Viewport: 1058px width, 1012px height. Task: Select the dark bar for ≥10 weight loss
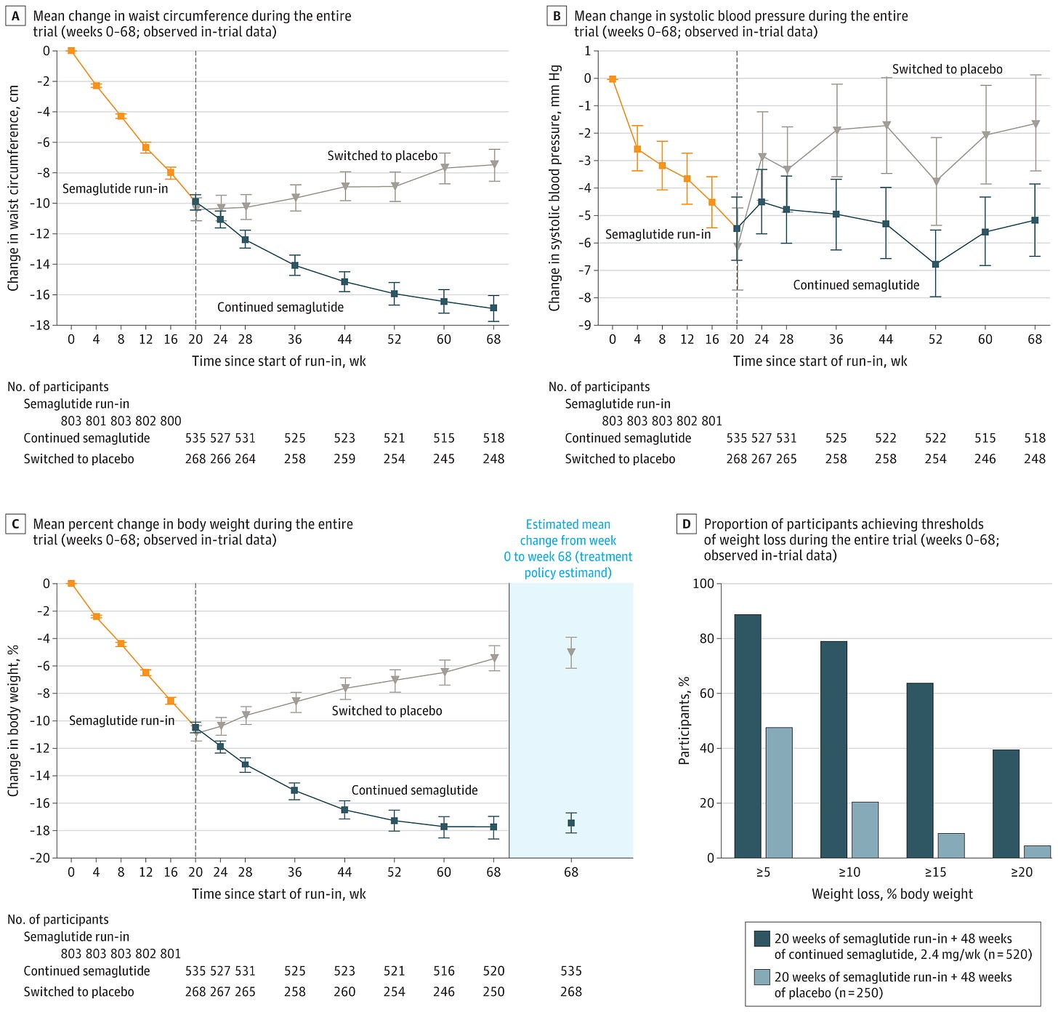tap(833, 749)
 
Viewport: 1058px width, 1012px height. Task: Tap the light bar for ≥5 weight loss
tap(779, 792)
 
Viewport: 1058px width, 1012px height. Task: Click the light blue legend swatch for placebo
tap(762, 977)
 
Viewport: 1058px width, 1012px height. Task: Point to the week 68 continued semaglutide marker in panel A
tap(493, 308)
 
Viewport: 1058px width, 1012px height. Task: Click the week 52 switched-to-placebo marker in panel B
tap(936, 182)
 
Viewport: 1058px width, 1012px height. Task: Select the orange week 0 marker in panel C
tap(71, 583)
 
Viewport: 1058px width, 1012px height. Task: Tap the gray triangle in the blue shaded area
tap(571, 652)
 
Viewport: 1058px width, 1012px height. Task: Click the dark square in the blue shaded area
tap(571, 823)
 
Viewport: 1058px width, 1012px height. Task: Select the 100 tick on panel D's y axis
tap(703, 583)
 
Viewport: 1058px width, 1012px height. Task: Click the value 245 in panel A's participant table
tap(444, 459)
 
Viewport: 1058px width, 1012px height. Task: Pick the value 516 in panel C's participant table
tap(444, 971)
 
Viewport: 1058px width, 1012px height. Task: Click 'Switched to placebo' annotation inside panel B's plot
tap(947, 69)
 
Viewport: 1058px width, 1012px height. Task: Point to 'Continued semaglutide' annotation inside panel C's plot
tap(414, 790)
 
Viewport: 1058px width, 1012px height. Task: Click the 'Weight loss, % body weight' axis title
tap(892, 893)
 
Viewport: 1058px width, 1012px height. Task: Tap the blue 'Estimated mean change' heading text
tap(568, 548)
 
